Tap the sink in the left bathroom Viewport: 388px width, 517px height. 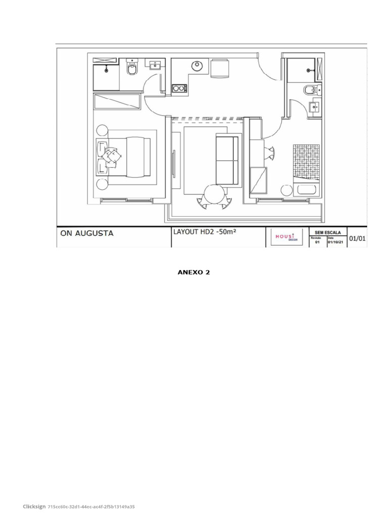click(x=154, y=65)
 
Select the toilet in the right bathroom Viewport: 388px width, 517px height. click(x=310, y=90)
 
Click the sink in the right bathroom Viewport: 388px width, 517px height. click(x=314, y=107)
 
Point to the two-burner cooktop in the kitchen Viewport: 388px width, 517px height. click(x=179, y=88)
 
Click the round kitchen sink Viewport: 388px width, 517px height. click(x=198, y=66)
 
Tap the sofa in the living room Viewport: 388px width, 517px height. click(x=227, y=160)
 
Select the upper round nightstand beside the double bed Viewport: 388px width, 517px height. click(x=102, y=130)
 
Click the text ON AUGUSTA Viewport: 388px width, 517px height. click(x=87, y=234)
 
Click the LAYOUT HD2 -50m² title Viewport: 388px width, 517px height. click(x=205, y=232)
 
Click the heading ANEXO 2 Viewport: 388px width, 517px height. click(x=193, y=272)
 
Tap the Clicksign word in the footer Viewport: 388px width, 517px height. click(x=34, y=506)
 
